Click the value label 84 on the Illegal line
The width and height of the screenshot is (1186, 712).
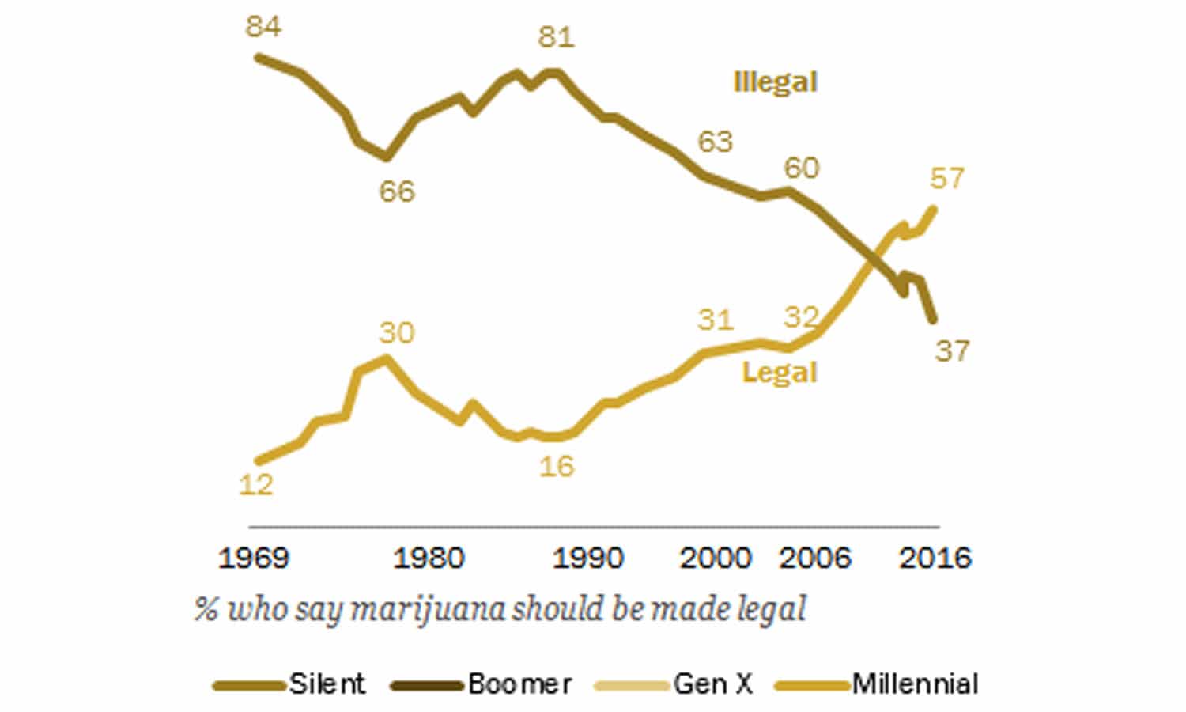click(x=263, y=27)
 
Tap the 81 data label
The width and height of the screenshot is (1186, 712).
click(x=556, y=37)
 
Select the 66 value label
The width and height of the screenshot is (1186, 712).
click(x=396, y=191)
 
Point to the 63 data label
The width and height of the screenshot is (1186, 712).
click(x=715, y=142)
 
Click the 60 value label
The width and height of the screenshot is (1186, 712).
click(x=801, y=168)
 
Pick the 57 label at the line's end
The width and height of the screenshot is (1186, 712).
click(x=946, y=179)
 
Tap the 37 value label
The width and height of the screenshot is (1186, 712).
click(x=952, y=350)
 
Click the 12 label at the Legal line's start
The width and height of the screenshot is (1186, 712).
click(x=255, y=484)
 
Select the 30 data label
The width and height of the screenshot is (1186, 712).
click(x=396, y=332)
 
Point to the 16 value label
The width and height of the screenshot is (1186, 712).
click(x=556, y=466)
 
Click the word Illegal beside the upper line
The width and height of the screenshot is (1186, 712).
click(x=775, y=82)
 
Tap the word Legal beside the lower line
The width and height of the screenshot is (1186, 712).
click(x=779, y=373)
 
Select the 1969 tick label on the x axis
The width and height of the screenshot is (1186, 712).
click(x=254, y=559)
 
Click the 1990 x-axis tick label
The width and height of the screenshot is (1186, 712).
click(x=587, y=559)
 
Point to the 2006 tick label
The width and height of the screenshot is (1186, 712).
click(x=815, y=559)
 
